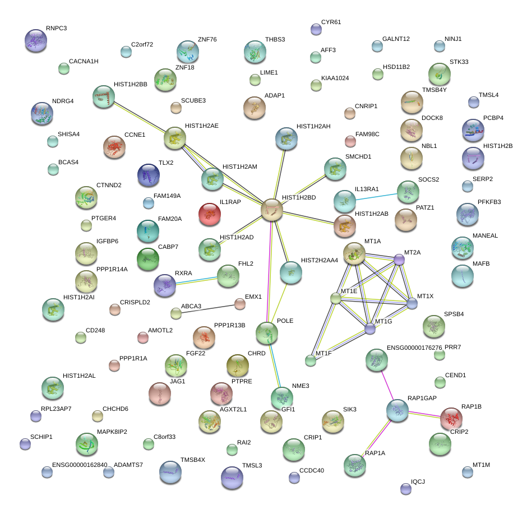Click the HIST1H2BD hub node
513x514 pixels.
272,210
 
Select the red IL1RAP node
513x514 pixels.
210,214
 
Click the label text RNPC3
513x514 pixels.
56,28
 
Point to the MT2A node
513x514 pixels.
399,259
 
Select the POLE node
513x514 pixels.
267,333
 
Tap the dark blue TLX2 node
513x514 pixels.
148,175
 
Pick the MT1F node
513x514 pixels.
311,360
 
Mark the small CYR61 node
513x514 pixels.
316,29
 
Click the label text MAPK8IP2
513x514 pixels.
112,432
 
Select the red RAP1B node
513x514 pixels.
451,418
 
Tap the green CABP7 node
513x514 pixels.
148,258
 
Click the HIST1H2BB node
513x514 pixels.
103,96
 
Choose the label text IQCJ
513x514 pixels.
418,481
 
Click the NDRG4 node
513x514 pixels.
42,113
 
